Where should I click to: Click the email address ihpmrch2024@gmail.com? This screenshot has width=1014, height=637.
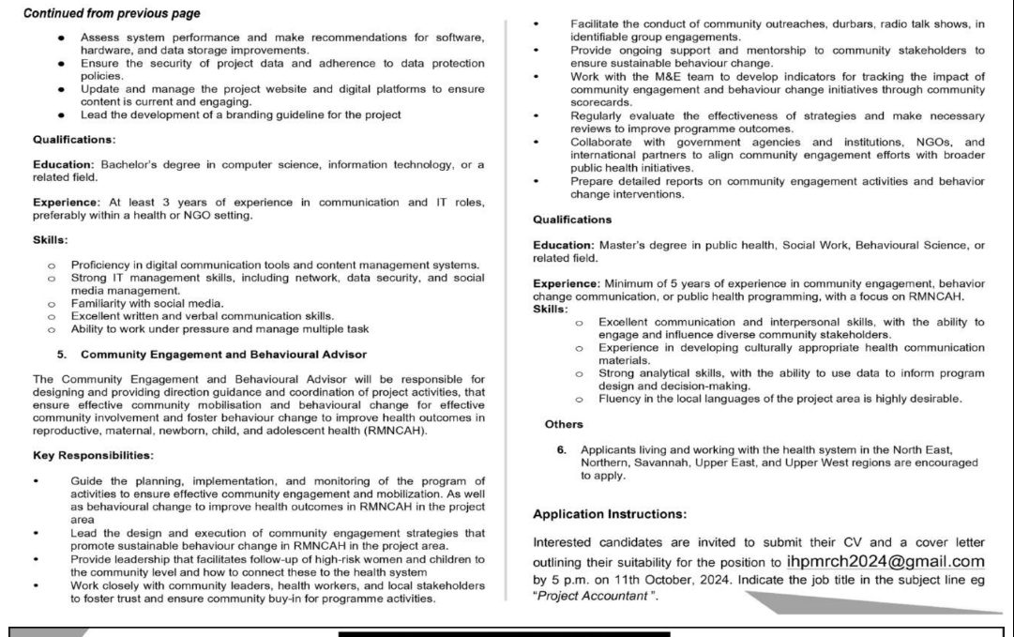pyautogui.click(x=885, y=562)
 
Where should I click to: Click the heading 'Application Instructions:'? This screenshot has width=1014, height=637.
pyautogui.click(x=609, y=514)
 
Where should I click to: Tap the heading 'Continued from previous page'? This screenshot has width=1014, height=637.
pyautogui.click(x=111, y=14)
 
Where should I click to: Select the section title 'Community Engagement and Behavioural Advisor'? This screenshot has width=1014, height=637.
pyautogui.click(x=223, y=354)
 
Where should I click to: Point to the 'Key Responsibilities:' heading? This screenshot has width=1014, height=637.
pyautogui.click(x=93, y=455)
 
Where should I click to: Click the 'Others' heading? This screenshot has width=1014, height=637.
pyautogui.click(x=564, y=424)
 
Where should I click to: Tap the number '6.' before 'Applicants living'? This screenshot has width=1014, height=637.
pyautogui.click(x=561, y=450)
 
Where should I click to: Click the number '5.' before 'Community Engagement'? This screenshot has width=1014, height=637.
pyautogui.click(x=62, y=354)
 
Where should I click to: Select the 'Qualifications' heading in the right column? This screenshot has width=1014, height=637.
pyautogui.click(x=572, y=219)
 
